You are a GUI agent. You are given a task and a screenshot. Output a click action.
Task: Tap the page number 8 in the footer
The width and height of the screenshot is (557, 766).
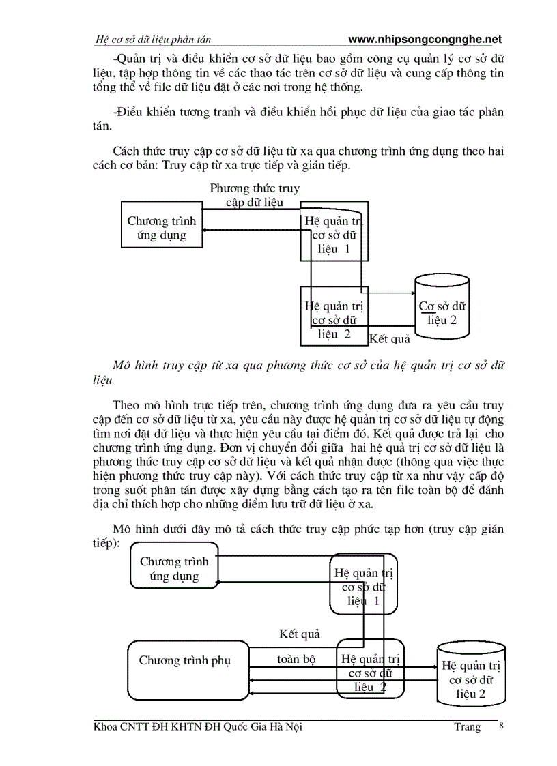(502, 726)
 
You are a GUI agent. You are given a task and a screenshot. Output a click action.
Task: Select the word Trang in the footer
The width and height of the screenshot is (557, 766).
(468, 727)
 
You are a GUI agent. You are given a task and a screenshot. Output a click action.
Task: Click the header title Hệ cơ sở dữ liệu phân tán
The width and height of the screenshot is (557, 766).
(156, 40)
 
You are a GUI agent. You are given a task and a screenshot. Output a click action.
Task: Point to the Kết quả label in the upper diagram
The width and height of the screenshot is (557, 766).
(390, 338)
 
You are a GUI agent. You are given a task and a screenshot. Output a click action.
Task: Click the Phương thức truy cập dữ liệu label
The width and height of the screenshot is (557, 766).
(254, 195)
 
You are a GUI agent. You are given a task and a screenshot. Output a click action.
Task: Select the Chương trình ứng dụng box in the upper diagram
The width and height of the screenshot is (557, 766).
(162, 228)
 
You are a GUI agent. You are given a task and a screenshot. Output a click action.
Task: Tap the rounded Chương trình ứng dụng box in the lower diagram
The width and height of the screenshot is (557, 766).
(174, 569)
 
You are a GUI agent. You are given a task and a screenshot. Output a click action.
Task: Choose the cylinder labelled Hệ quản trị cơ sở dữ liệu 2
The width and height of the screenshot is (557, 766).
(472, 679)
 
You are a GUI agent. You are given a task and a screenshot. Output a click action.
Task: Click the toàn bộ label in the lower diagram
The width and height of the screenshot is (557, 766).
(296, 660)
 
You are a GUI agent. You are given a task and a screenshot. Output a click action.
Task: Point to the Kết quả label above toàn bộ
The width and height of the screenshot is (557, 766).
(300, 634)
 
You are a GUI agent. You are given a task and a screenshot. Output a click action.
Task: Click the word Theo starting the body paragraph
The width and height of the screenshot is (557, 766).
(126, 404)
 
